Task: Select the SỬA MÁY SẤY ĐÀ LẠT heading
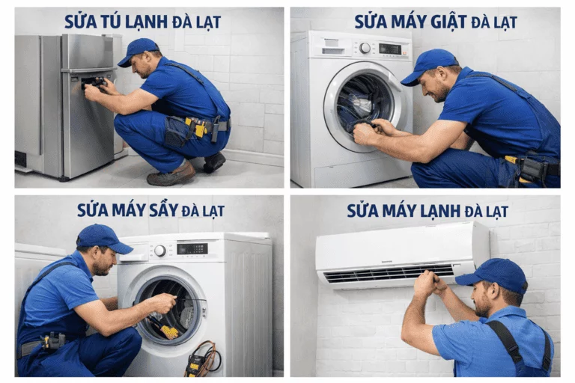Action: tap(150, 209)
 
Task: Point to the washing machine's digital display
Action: tap(390, 49)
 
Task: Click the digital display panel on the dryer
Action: tap(192, 248)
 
